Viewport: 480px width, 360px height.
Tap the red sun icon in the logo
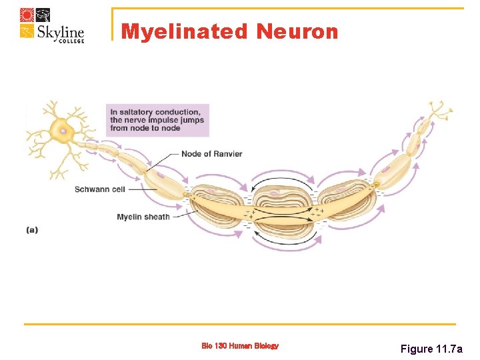click(x=27, y=15)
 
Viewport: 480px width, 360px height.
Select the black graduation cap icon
click(x=43, y=15)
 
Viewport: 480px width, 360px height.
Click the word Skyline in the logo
click(x=61, y=33)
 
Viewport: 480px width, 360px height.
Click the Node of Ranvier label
click(x=211, y=154)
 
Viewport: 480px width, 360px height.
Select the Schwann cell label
click(x=100, y=189)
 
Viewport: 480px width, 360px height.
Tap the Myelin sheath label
click(x=143, y=217)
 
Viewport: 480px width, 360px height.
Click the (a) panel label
click(x=32, y=230)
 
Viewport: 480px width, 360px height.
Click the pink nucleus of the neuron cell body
click(x=64, y=131)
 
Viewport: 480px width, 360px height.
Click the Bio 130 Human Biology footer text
click(x=240, y=346)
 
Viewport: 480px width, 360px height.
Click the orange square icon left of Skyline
click(x=27, y=32)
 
